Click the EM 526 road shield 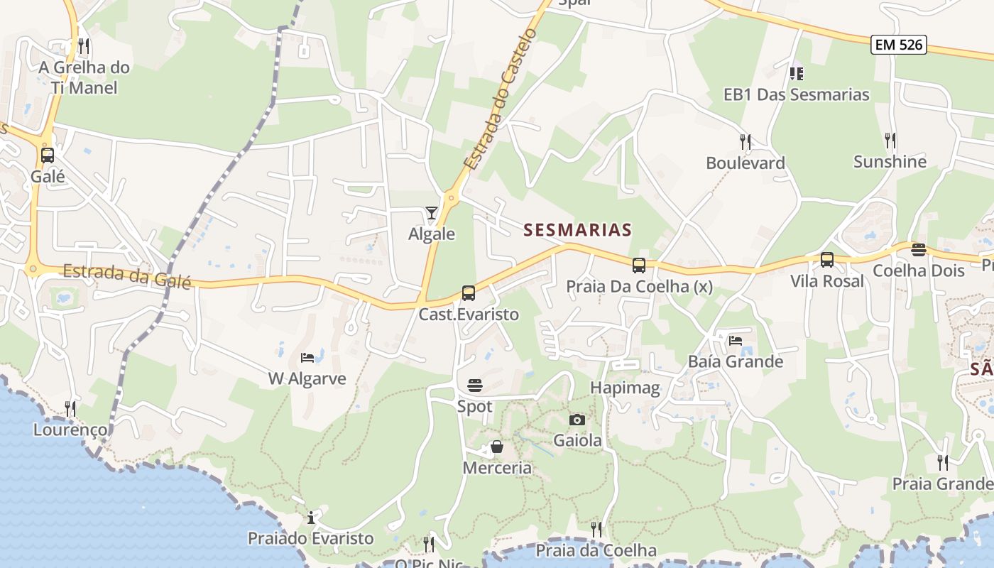coord(899,45)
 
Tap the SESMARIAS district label coord(577,230)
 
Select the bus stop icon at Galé coord(48,155)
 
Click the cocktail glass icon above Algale coord(431,212)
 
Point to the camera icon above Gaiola coord(577,420)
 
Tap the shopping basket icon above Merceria coord(497,447)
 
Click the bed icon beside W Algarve coord(307,357)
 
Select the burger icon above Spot coord(475,386)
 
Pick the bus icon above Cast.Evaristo coord(469,293)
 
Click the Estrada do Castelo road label coord(500,99)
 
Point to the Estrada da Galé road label coord(127,276)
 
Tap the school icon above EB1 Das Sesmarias coord(796,73)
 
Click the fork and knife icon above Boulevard coord(745,141)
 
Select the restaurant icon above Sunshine coord(890,140)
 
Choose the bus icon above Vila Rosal coord(827,260)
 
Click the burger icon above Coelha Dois coord(919,249)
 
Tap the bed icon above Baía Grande coord(736,340)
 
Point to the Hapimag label coord(626,388)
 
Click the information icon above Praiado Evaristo coord(310,517)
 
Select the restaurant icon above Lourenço coord(70,408)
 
